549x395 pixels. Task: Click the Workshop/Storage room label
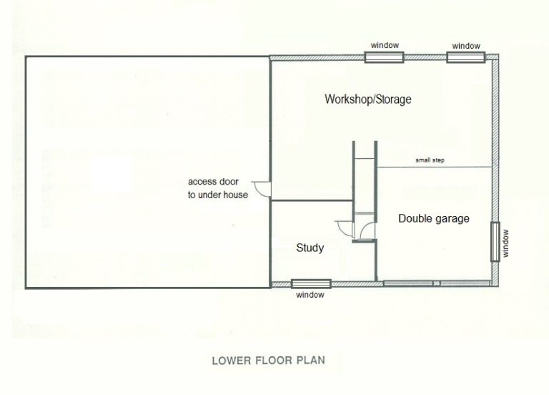tap(368, 99)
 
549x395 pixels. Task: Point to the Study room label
tap(310, 248)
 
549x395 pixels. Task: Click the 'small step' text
tap(430, 160)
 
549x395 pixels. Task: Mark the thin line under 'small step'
tap(434, 167)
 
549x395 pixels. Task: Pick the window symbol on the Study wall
tap(311, 283)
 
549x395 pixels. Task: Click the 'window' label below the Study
tap(310, 295)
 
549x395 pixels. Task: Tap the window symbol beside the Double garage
tap(495, 241)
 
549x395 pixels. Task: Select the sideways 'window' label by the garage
tap(505, 243)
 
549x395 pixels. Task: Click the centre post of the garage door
tap(436, 283)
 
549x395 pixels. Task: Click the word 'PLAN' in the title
tap(311, 361)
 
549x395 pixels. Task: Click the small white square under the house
tap(111, 174)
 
